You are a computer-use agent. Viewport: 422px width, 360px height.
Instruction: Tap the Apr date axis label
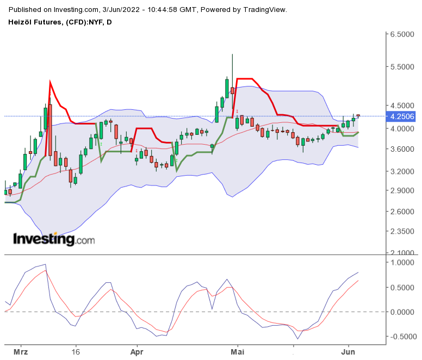tap(136, 352)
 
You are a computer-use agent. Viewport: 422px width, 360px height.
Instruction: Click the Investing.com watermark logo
tap(53, 239)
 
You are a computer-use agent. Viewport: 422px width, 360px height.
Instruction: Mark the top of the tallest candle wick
tap(232, 54)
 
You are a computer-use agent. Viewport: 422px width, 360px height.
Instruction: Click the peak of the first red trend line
tap(49, 82)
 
